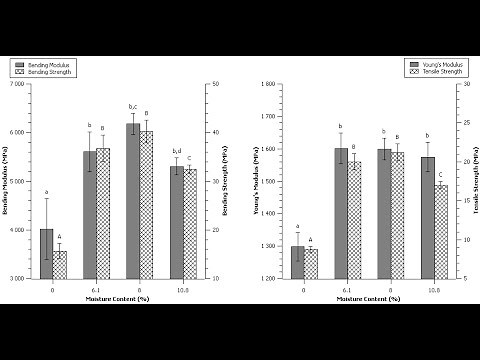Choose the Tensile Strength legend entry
[x=439, y=71]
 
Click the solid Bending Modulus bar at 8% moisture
[x=132, y=201]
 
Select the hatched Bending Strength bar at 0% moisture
[x=60, y=264]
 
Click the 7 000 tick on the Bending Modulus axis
[x=17, y=84]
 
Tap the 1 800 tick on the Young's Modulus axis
[x=268, y=84]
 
